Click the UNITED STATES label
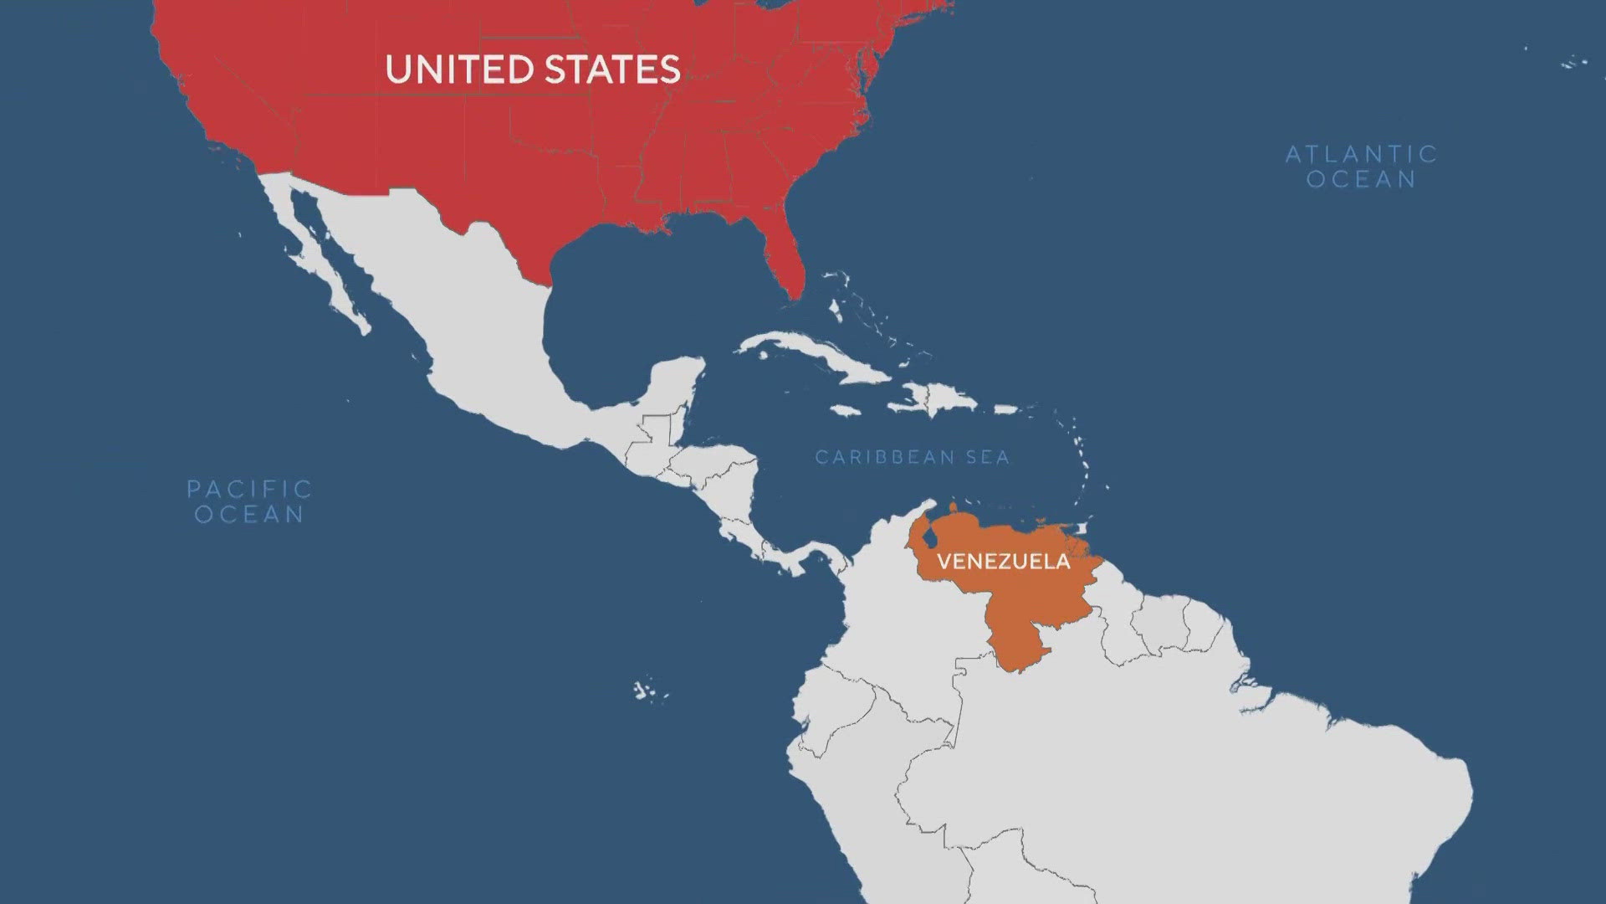533,69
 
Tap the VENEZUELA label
1003,561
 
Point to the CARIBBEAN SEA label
913,457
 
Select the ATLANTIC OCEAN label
1361,167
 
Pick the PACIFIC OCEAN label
249,501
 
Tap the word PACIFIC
249,489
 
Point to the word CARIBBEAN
873,457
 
